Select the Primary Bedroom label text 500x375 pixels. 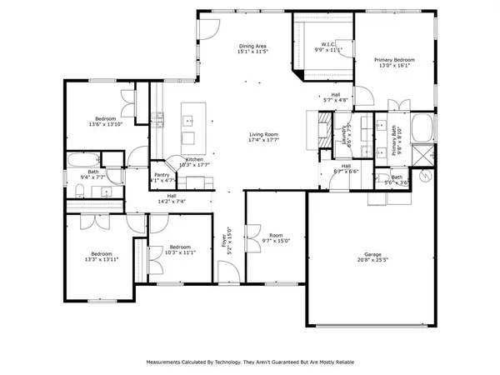click(394, 60)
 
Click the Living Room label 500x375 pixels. click(263, 134)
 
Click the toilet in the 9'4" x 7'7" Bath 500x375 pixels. click(77, 192)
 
